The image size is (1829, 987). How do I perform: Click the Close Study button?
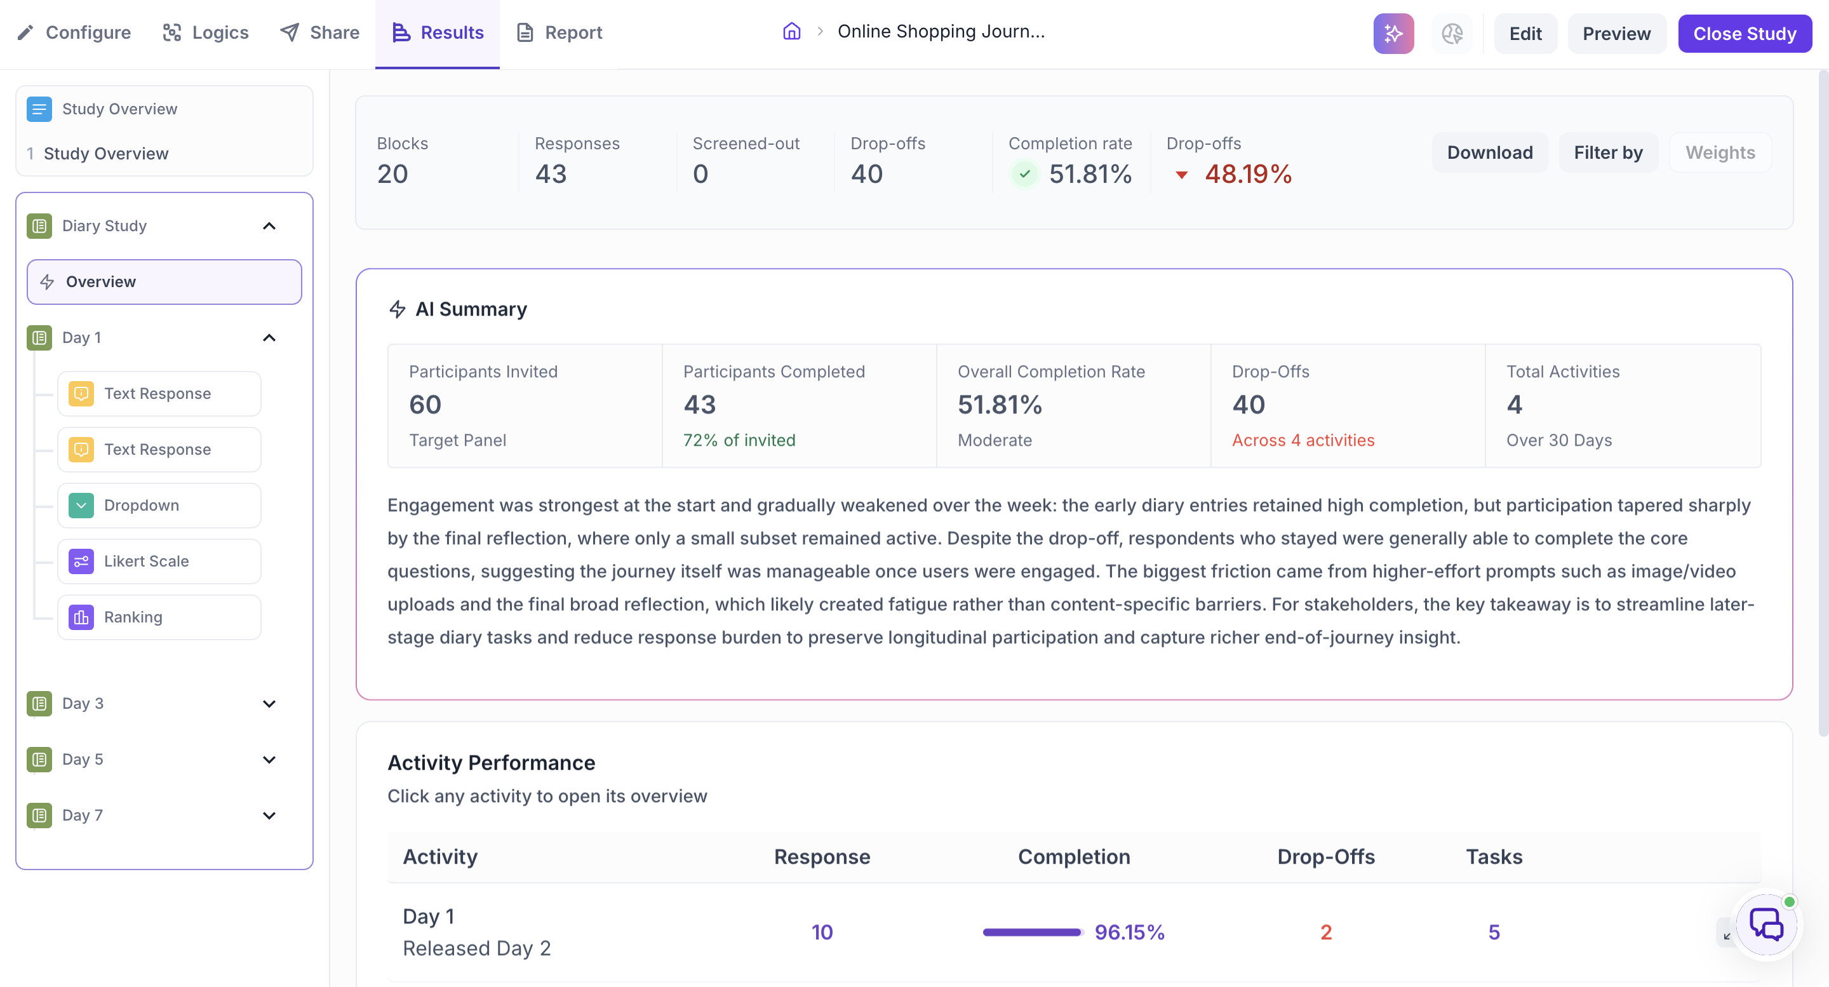coord(1745,34)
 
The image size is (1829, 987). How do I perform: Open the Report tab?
coord(559,32)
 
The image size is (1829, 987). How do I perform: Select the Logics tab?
coord(206,32)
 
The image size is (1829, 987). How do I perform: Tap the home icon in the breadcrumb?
coord(792,31)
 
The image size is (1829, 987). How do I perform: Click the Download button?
coord(1490,152)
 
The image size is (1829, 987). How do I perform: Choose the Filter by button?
coord(1608,152)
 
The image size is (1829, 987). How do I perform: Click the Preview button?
coord(1617,34)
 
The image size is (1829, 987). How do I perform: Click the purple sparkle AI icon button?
coord(1393,34)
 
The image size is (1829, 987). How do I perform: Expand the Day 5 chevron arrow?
coord(269,759)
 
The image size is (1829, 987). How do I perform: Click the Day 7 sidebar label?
coord(83,815)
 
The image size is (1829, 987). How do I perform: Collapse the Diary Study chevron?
coord(269,226)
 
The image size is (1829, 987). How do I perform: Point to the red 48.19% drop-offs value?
coord(1248,174)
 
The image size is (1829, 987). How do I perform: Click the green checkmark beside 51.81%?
coord(1024,174)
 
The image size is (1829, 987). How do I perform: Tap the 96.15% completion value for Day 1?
coord(1130,932)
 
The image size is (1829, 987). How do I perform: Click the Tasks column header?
coord(1494,856)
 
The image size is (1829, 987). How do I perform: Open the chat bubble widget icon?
coord(1765,925)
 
